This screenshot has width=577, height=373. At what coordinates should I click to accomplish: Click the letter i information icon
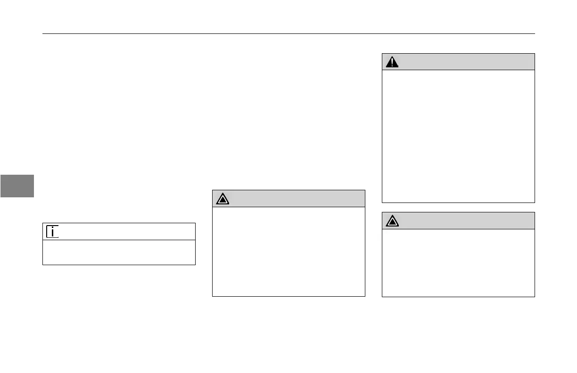click(52, 231)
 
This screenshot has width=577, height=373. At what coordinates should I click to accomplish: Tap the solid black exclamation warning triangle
click(392, 62)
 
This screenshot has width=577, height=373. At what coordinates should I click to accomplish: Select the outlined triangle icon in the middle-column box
click(223, 199)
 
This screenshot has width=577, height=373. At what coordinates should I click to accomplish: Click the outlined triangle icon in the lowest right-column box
click(392, 220)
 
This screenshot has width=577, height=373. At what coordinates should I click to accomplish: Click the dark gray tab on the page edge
click(17, 186)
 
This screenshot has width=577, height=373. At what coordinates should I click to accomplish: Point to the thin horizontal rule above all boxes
click(288, 33)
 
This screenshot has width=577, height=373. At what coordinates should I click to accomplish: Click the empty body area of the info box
click(119, 252)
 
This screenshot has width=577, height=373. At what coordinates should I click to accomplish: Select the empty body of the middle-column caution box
click(288, 251)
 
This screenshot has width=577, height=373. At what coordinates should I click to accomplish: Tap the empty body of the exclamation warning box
click(458, 136)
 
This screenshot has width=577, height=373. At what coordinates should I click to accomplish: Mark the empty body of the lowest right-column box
click(458, 263)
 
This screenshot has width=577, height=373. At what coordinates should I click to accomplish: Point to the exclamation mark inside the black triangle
click(392, 63)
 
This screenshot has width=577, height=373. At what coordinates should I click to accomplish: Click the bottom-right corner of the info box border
click(195, 265)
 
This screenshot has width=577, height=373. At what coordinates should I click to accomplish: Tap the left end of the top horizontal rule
click(43, 33)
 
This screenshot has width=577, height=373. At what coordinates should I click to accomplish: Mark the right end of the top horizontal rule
click(535, 33)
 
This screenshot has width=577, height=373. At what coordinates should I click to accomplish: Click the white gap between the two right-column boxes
click(458, 207)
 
